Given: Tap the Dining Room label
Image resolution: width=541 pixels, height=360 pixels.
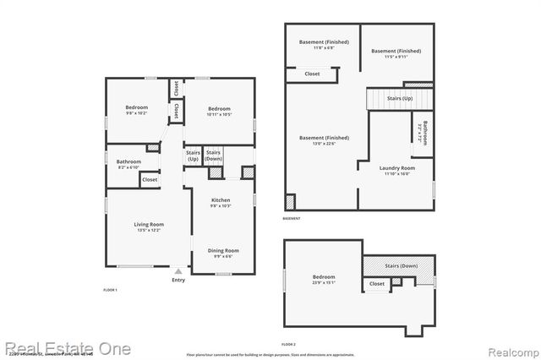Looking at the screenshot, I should [224, 250].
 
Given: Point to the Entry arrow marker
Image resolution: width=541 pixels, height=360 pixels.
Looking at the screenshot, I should [178, 272].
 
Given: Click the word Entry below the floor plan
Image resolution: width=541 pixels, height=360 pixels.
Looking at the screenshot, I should [178, 281].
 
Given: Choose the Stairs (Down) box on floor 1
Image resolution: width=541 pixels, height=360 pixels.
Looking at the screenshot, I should [214, 155].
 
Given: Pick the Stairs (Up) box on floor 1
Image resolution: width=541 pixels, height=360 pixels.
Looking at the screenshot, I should [193, 156].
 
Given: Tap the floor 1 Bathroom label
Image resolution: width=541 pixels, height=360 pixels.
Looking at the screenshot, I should [128, 161].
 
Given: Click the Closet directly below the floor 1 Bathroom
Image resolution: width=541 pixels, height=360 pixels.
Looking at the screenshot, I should [150, 179].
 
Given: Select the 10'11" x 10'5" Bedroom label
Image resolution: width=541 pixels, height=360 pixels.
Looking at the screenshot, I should [219, 109].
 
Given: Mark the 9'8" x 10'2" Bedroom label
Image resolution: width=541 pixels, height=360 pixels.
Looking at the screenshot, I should [137, 107].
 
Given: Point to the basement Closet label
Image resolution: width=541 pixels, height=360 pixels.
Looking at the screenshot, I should [312, 74].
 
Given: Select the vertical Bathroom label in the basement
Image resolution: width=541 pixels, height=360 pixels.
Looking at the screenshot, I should [424, 134].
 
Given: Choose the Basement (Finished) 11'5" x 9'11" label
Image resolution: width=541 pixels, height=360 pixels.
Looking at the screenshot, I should [396, 51].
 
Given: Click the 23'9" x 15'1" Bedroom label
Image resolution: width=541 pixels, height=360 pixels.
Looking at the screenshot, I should [323, 278].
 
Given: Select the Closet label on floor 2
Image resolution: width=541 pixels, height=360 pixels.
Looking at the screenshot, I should [377, 284].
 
